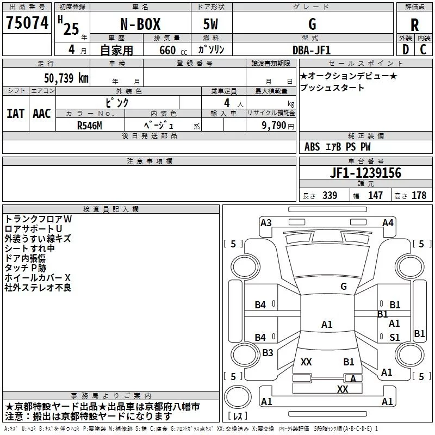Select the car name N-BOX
tap(139, 25)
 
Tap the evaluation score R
tap(414, 25)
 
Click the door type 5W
tap(212, 25)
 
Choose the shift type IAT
tap(15, 114)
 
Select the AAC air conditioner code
tap(41, 114)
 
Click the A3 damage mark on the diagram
tap(266, 222)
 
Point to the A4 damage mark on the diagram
tap(388, 222)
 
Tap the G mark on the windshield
tap(343, 287)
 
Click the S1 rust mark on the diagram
tap(395, 337)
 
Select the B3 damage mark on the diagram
tap(268, 353)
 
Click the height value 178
tap(419, 196)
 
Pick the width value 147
tap(375, 196)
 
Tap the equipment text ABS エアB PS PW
tap(338, 147)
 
